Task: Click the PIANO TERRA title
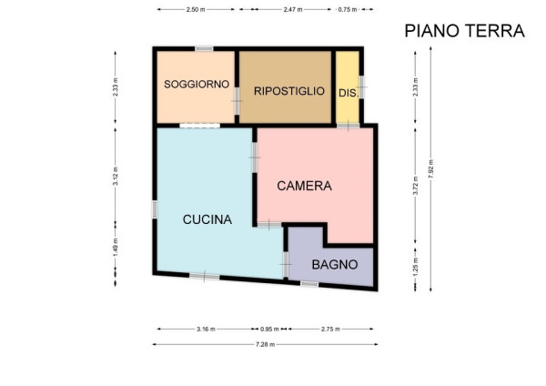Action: tap(464, 31)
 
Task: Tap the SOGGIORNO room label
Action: tap(197, 84)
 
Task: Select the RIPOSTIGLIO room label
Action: tap(289, 91)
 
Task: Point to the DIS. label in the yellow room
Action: tap(349, 94)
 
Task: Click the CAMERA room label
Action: tap(304, 186)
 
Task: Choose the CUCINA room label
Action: tap(207, 219)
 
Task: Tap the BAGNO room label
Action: tap(335, 265)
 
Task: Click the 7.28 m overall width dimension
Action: tap(266, 344)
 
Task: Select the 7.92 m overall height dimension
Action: tap(430, 169)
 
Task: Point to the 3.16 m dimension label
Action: tap(206, 329)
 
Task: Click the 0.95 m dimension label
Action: tap(269, 329)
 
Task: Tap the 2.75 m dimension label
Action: tap(330, 329)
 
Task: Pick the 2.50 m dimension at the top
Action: tap(196, 9)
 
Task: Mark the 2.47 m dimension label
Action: tap(292, 9)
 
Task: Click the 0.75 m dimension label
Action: tap(348, 9)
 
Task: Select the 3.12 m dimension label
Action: tap(116, 176)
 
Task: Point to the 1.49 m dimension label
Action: tap(116, 247)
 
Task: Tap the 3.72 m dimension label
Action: tap(416, 186)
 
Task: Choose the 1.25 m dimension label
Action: tap(416, 268)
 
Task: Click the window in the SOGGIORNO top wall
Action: tap(204, 48)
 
